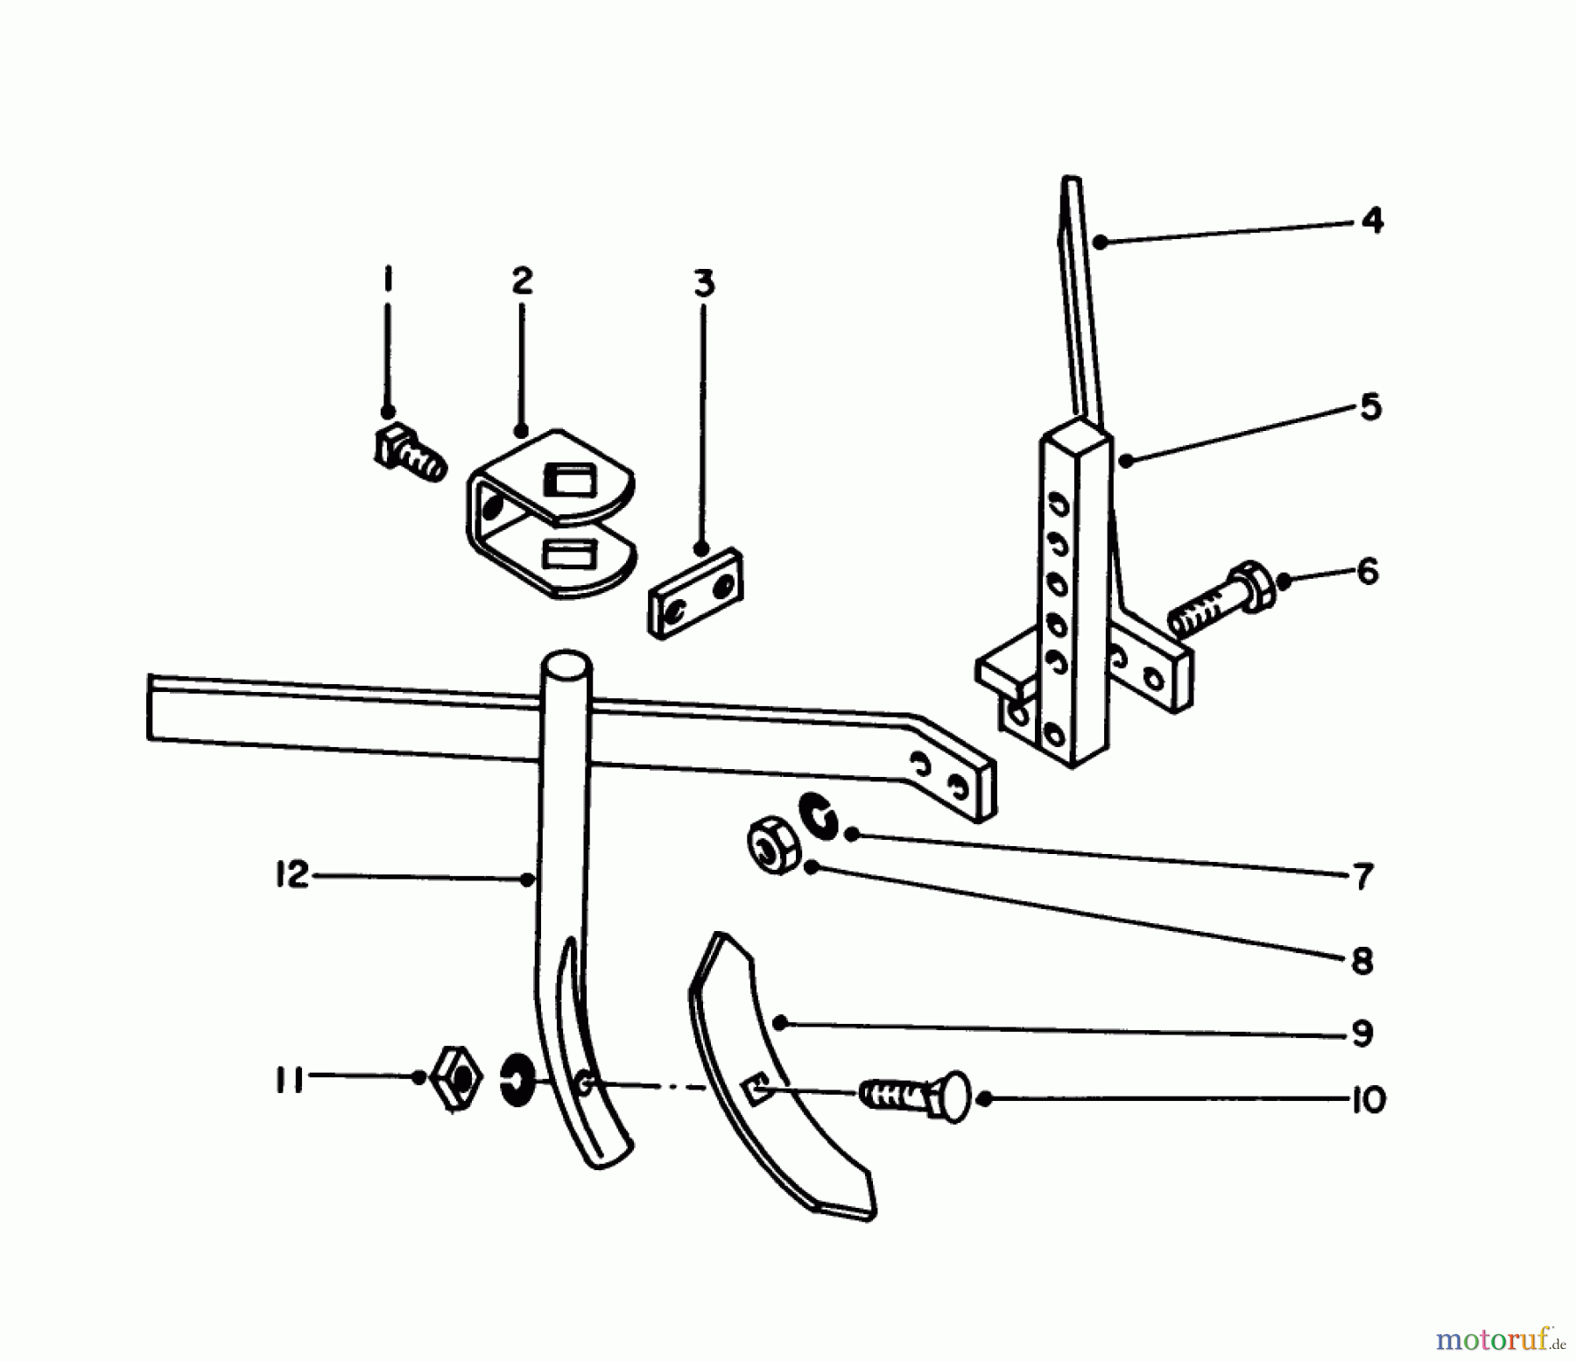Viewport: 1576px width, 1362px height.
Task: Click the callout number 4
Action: [1372, 220]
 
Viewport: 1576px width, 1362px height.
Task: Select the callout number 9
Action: [1361, 1033]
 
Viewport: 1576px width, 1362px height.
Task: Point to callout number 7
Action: [1363, 876]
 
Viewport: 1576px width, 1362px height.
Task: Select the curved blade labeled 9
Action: [770, 1077]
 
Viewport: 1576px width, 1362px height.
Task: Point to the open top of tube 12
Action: [566, 664]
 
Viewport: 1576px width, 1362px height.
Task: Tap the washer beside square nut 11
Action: [518, 1079]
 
